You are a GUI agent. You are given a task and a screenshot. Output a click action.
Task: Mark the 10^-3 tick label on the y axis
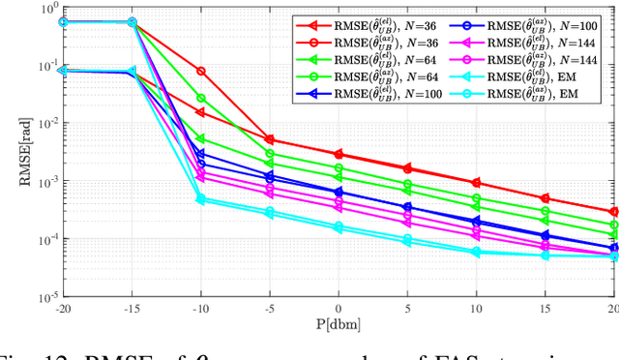pyautogui.click(x=41, y=180)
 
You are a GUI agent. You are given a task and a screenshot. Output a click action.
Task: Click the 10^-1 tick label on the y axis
pyautogui.click(x=41, y=65)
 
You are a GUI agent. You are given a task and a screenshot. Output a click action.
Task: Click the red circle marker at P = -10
pyautogui.click(x=200, y=72)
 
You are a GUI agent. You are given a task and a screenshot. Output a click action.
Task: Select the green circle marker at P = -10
pyautogui.click(x=200, y=98)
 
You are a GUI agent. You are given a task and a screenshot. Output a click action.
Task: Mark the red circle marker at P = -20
pyautogui.click(x=63, y=21)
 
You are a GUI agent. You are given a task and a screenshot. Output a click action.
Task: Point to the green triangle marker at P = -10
pyautogui.click(x=200, y=139)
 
